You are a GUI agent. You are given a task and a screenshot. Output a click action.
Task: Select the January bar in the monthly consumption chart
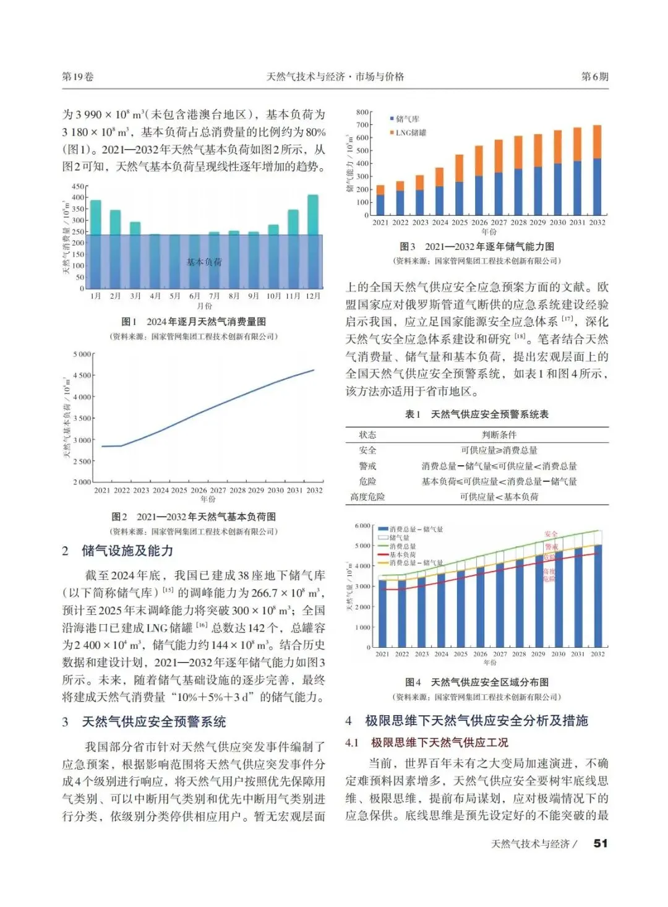[95, 217]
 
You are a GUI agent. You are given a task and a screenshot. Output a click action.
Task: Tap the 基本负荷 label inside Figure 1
[204, 262]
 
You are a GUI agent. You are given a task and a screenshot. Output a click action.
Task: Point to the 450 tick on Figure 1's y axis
[77, 186]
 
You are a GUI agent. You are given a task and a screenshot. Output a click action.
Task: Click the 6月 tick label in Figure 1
[195, 296]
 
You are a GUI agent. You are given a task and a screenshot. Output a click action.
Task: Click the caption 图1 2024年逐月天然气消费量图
[194, 322]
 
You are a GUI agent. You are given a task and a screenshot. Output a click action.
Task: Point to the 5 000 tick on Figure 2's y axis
[82, 355]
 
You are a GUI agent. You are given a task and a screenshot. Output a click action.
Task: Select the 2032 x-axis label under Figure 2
[314, 490]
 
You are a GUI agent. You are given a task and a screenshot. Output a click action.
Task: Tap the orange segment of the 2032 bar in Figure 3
[597, 142]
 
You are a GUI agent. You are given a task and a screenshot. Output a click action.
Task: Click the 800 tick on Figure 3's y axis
[362, 113]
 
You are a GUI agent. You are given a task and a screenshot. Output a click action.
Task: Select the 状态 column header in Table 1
[367, 435]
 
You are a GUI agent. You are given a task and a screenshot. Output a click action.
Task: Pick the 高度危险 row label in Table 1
[367, 497]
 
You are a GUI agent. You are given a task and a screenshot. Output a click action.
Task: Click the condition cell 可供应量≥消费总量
[499, 450]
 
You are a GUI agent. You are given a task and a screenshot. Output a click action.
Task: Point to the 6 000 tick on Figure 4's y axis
[362, 526]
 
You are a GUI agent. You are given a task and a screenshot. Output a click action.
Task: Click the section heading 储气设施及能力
[127, 551]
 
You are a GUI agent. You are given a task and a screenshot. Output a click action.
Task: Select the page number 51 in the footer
[600, 843]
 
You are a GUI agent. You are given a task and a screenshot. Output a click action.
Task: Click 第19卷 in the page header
[78, 77]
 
